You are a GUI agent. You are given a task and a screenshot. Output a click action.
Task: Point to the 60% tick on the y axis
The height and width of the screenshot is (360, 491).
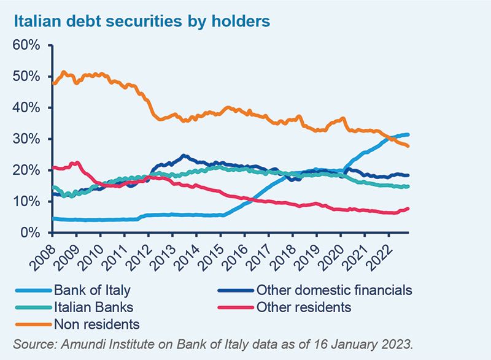click(28, 45)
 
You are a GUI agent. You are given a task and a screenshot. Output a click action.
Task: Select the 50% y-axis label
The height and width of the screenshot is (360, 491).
click(28, 77)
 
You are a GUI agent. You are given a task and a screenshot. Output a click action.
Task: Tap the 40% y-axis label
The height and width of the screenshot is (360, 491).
click(28, 108)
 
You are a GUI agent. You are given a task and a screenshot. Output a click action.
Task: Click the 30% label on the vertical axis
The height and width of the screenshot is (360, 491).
click(28, 139)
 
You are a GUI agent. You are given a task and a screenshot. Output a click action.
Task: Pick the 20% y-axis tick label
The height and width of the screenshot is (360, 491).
click(28, 170)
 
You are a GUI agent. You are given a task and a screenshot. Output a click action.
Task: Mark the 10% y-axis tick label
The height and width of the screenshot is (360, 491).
click(28, 202)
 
